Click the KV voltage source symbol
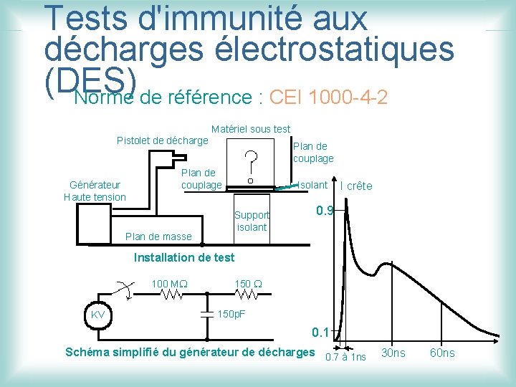pos(98,315)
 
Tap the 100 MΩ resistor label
pos(169,284)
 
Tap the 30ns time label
pos(393,353)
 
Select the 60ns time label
pos(441,353)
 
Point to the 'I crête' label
pos(356,186)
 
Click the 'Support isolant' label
pos(252,221)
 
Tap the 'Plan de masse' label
pos(158,236)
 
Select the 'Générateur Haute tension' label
pos(95,191)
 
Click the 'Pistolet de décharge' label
pos(162,140)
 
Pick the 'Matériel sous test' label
pos(251,129)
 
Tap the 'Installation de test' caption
pos(184,257)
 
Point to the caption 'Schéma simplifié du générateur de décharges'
pos(189,352)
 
